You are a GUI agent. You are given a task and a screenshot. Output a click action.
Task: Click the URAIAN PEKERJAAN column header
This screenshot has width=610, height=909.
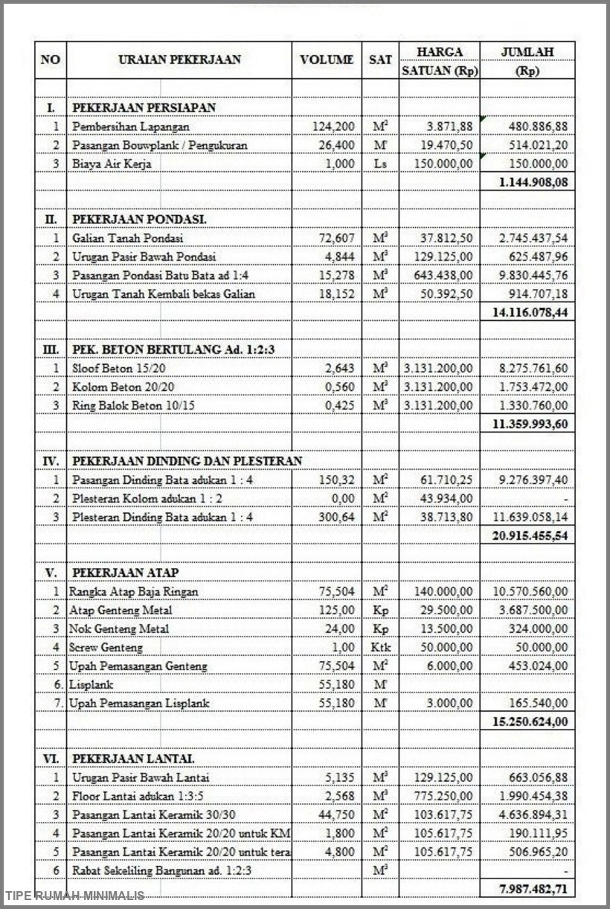(179, 60)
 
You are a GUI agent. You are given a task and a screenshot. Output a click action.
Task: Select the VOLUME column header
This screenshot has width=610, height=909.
(327, 60)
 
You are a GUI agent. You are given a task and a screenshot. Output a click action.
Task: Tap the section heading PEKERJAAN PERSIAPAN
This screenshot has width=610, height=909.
(144, 108)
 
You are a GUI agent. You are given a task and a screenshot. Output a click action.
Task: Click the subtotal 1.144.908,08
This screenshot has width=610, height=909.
(530, 182)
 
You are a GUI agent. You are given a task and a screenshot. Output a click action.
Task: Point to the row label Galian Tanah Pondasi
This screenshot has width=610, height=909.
(128, 238)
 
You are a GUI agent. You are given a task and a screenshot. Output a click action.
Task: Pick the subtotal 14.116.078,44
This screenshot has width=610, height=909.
(530, 313)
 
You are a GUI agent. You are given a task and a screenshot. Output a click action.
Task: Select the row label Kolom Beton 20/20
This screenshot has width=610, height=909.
(123, 387)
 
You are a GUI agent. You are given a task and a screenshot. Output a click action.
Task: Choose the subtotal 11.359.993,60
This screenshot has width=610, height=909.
(530, 424)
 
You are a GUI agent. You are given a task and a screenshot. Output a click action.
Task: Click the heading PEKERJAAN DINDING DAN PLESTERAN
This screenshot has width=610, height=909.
(187, 462)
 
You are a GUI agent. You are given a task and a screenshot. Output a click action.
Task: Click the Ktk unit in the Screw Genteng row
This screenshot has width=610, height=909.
(380, 648)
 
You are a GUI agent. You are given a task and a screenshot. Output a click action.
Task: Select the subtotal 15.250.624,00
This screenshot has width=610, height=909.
(530, 722)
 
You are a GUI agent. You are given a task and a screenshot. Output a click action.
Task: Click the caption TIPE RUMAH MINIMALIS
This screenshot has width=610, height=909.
(74, 896)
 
